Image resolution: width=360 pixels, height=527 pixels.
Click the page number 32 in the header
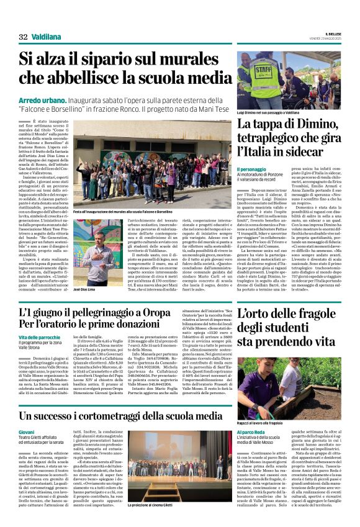(24, 37)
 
